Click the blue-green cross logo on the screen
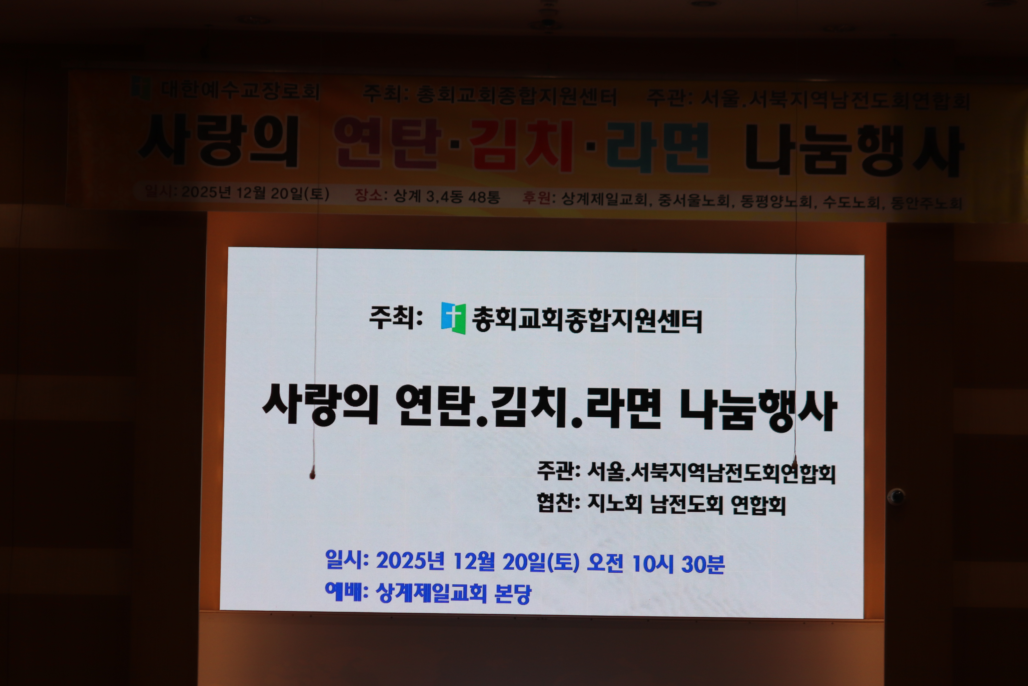click(x=453, y=318)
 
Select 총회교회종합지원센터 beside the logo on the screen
click(x=587, y=320)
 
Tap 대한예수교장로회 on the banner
click(x=240, y=91)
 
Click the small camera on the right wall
click(x=896, y=496)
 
